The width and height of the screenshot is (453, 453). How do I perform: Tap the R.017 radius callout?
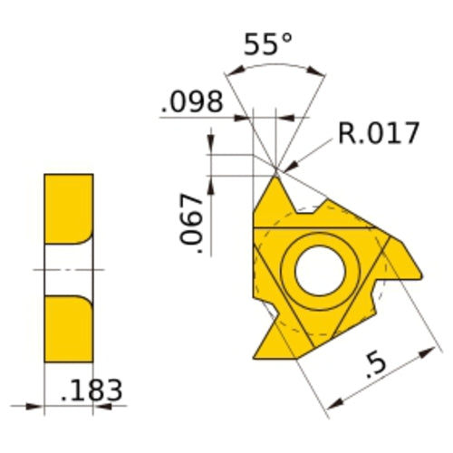click(x=379, y=133)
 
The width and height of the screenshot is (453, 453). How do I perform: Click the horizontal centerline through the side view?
click(x=69, y=269)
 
